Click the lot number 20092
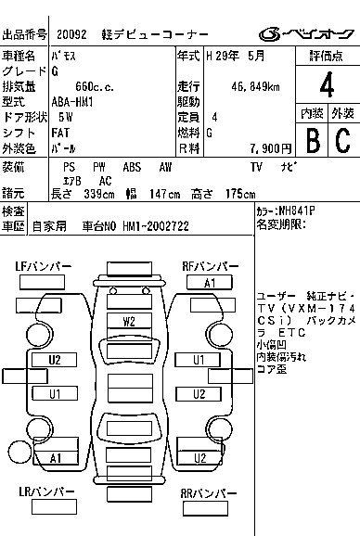(x=71, y=34)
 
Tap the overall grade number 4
(x=328, y=84)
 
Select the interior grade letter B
(x=313, y=140)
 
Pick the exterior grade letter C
(x=343, y=140)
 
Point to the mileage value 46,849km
(x=255, y=87)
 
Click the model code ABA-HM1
(x=72, y=102)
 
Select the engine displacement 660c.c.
(x=95, y=87)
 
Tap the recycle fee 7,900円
(x=271, y=148)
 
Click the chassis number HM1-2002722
(x=156, y=226)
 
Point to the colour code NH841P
(x=296, y=211)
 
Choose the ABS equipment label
(x=132, y=167)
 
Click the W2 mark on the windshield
(x=129, y=322)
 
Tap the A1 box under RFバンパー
(x=210, y=283)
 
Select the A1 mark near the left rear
(x=55, y=458)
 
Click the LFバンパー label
(x=43, y=266)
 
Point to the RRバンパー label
(x=209, y=493)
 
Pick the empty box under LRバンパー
(x=54, y=507)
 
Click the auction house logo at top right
(x=307, y=34)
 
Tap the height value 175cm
(x=240, y=194)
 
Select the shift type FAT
(x=60, y=133)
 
